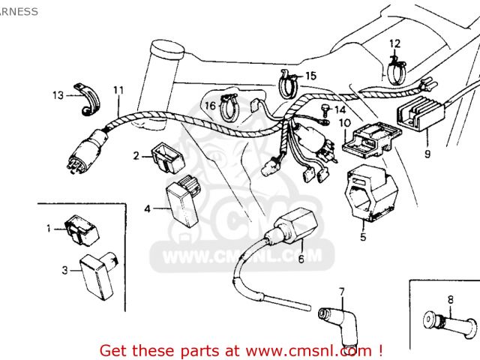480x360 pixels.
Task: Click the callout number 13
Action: (x=58, y=95)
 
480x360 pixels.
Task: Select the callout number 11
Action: (x=118, y=91)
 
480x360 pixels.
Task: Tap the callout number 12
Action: (x=394, y=43)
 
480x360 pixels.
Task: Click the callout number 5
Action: (x=363, y=238)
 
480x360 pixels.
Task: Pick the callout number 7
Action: (x=340, y=291)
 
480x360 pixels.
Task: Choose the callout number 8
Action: (x=450, y=300)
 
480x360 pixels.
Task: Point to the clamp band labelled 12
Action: (x=397, y=67)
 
